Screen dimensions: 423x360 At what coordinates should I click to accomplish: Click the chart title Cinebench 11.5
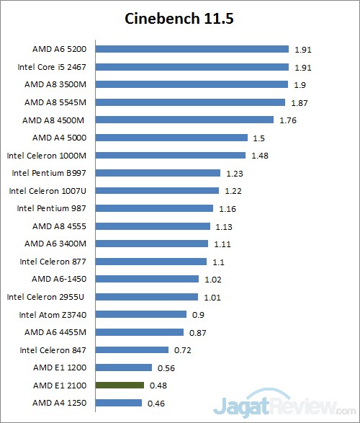point(179,17)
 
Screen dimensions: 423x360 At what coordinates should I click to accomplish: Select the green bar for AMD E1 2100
point(120,384)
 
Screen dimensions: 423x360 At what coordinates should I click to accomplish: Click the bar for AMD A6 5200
point(192,50)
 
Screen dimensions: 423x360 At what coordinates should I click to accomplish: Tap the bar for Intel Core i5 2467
point(192,67)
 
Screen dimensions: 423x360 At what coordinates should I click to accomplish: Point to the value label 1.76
point(287,120)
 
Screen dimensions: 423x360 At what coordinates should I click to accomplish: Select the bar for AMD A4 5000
point(171,138)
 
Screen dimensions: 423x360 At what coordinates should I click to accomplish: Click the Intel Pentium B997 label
point(50,173)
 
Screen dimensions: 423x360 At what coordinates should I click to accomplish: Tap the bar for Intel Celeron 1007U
point(157,190)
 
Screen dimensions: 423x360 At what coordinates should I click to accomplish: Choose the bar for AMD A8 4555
point(153,226)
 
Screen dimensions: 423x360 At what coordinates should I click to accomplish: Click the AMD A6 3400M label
point(56,244)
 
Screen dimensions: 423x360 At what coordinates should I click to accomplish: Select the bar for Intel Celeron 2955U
point(146,296)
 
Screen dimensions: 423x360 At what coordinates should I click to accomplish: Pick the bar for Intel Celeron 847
point(132,349)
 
